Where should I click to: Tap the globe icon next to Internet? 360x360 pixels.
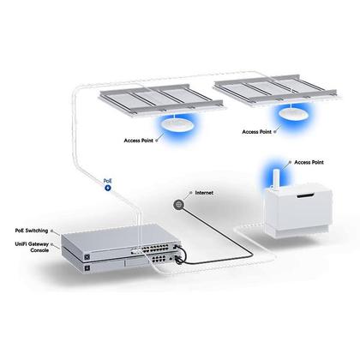[179, 204]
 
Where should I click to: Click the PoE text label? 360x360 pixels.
[107, 181]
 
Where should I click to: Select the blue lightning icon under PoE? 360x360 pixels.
[108, 189]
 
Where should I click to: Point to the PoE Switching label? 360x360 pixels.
[32, 231]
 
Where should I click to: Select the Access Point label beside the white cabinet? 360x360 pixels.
[309, 161]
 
